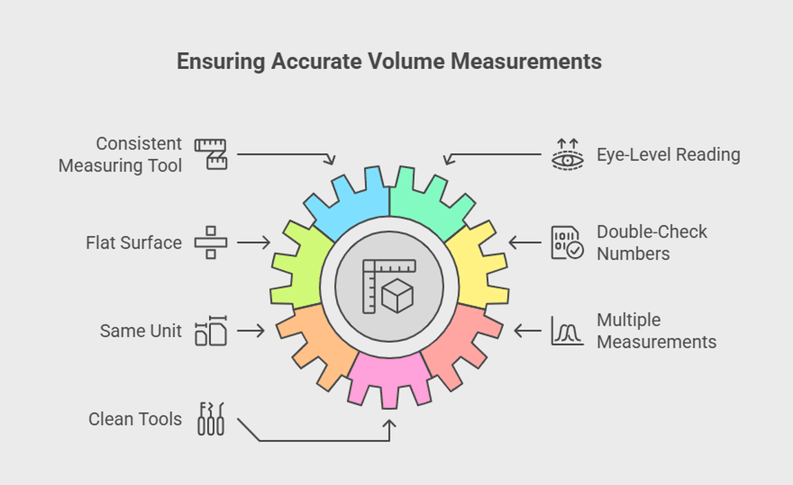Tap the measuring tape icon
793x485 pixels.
click(x=211, y=154)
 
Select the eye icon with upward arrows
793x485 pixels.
click(x=567, y=154)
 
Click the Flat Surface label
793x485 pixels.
click(x=134, y=242)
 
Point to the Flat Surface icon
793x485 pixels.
click(x=211, y=242)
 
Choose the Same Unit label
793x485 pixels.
click(x=140, y=331)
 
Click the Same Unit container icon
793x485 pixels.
click(x=211, y=331)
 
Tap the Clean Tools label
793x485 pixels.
click(x=135, y=419)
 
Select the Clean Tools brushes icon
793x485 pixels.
click(x=211, y=419)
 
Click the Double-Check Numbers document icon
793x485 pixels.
click(x=567, y=242)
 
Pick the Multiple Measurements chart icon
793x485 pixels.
click(x=567, y=331)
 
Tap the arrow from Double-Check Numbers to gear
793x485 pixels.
click(x=525, y=242)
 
